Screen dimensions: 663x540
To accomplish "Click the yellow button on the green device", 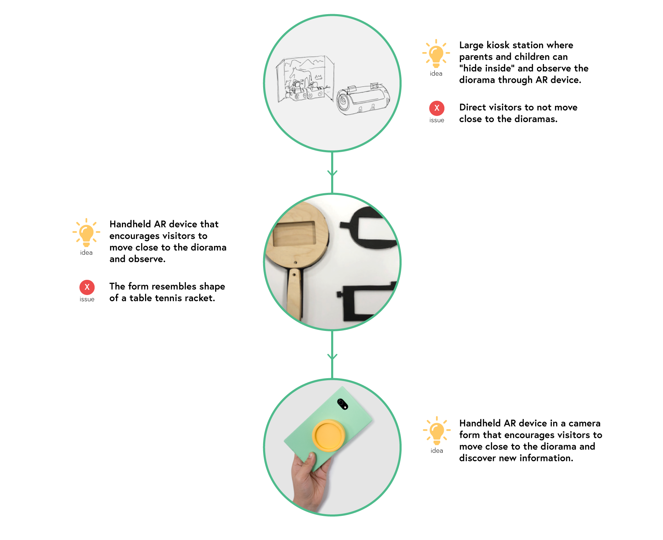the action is point(328,435).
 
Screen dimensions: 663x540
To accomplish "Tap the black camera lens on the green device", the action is point(343,404).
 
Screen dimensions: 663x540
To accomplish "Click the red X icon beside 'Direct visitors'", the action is point(437,108).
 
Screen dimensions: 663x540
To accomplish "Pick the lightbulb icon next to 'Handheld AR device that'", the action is point(86,233).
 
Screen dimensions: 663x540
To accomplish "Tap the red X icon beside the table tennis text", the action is point(87,287).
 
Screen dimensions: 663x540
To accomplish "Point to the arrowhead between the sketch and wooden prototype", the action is point(332,173).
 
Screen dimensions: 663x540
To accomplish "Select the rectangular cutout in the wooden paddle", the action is point(294,234).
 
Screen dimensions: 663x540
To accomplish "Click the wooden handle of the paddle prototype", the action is point(295,295).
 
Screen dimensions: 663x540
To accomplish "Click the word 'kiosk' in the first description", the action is point(498,45).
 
